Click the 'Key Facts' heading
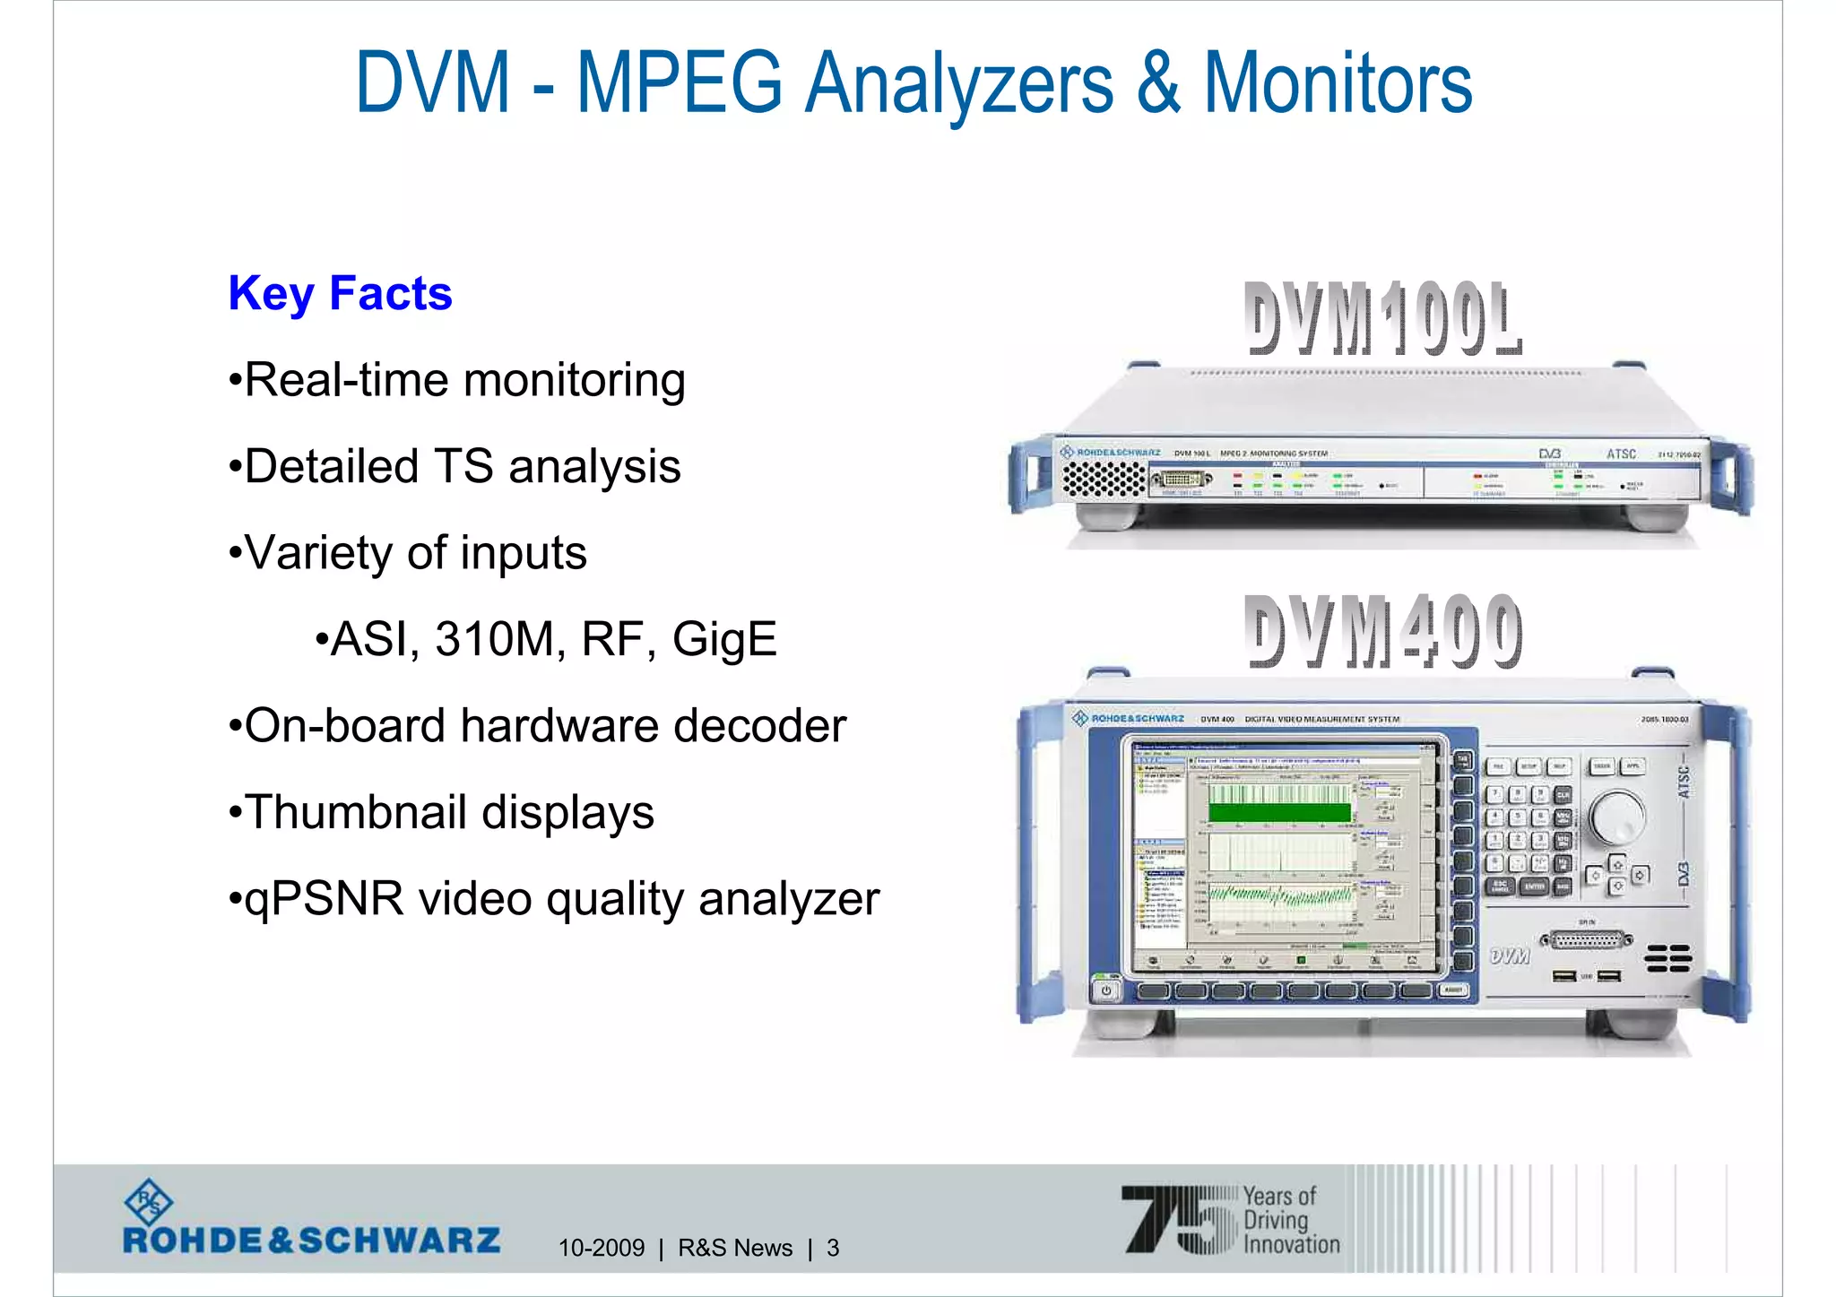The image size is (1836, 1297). tap(340, 294)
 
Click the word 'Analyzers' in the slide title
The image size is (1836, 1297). tap(958, 83)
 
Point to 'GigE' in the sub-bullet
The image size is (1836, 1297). tap(724, 640)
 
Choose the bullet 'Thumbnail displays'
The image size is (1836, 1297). tap(442, 813)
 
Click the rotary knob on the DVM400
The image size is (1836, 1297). tap(1616, 817)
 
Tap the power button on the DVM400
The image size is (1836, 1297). tap(1106, 990)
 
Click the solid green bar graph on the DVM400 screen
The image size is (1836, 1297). tap(1279, 812)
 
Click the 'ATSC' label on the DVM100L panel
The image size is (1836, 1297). tap(1621, 454)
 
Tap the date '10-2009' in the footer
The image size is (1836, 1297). tap(601, 1248)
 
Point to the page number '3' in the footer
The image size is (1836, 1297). tap(833, 1248)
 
